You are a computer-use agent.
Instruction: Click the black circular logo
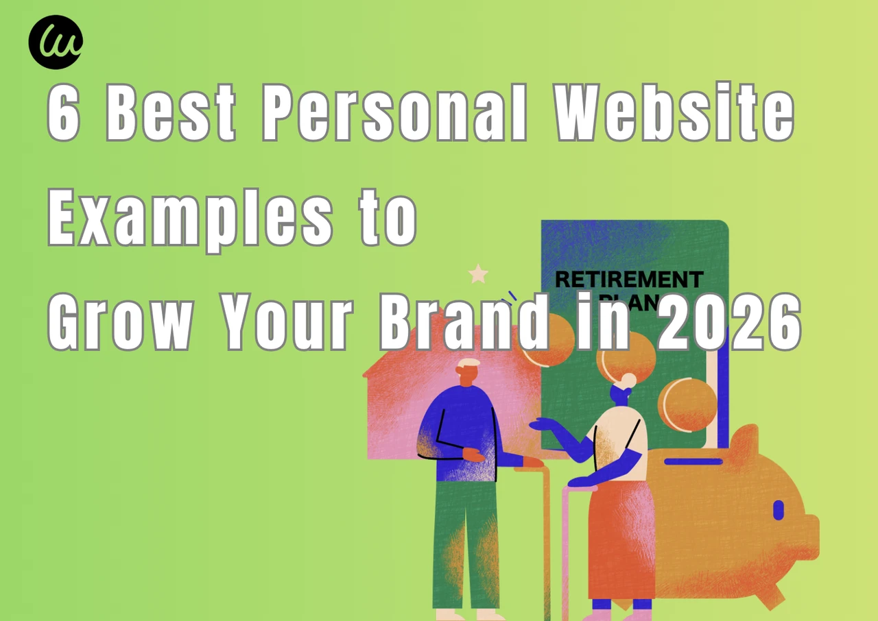[x=56, y=42]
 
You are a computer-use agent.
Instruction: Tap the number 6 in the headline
[x=64, y=114]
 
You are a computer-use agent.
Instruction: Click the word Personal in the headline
[x=394, y=114]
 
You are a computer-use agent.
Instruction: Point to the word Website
[x=674, y=114]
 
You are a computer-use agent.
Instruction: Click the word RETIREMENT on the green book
[x=628, y=280]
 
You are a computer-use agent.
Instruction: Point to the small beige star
[x=478, y=275]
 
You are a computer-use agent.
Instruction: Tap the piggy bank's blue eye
[x=778, y=510]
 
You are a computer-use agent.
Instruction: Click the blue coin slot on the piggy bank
[x=693, y=461]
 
